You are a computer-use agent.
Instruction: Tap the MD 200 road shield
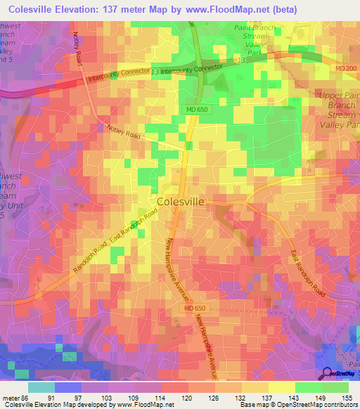click(x=345, y=67)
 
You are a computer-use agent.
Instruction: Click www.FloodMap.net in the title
click(x=233, y=9)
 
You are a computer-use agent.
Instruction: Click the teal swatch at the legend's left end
click(x=41, y=387)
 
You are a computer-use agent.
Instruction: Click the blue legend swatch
click(x=68, y=387)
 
